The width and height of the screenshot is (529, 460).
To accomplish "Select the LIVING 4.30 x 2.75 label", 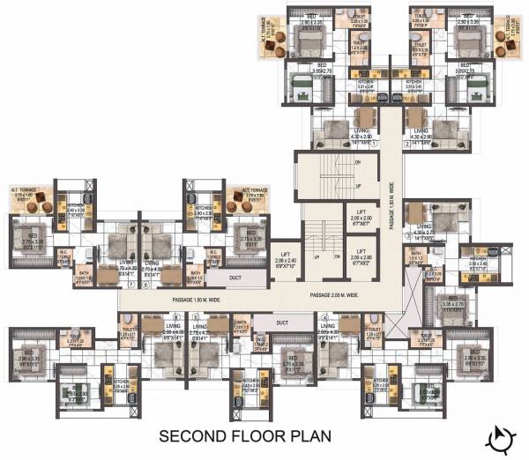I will click(x=427, y=234).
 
